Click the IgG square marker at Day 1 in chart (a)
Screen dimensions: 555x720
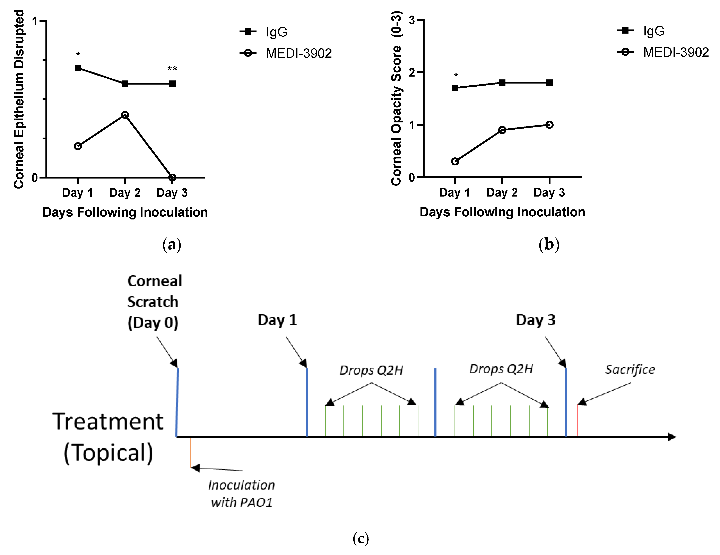tap(78, 68)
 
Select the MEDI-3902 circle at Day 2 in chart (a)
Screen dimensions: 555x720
tap(125, 115)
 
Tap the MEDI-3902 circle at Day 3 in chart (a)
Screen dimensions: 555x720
tap(172, 177)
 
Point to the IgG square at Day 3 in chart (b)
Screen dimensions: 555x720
tap(549, 83)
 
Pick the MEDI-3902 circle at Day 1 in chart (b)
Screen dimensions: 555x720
tap(455, 162)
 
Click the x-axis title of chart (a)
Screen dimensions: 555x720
tap(125, 212)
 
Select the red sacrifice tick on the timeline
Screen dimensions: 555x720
tap(577, 420)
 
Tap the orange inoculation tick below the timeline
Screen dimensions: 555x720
tap(190, 452)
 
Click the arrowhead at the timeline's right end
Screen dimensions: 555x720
tap(672, 437)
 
